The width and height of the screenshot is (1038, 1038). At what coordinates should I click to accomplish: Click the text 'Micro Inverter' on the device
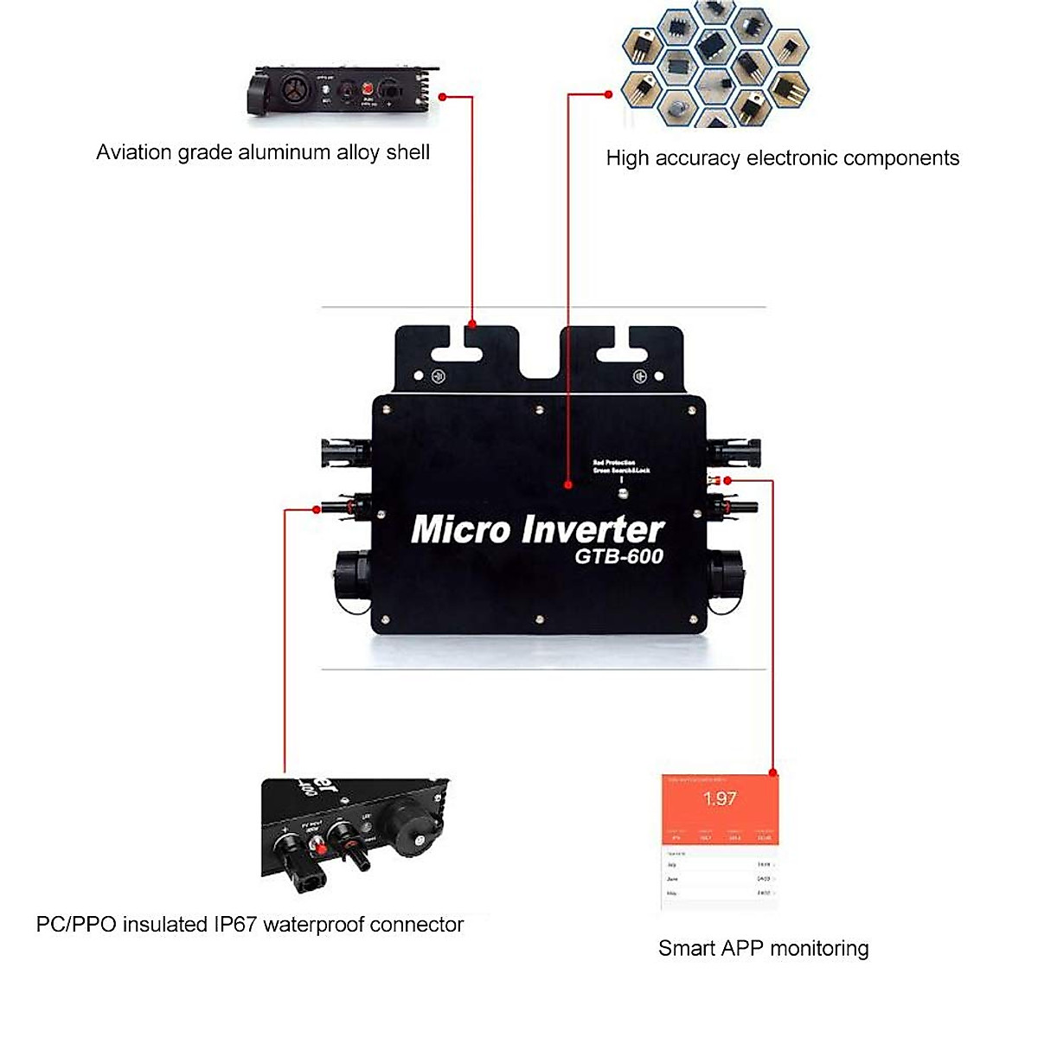point(537,529)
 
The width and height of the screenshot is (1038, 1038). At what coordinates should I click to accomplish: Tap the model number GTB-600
point(619,556)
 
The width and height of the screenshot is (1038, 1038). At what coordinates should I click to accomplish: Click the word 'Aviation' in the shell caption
point(134,152)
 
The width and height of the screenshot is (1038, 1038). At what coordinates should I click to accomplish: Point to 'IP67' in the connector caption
point(235,924)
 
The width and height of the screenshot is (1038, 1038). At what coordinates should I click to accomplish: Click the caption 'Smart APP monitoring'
point(763,948)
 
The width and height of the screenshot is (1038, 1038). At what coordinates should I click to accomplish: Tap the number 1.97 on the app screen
point(720,798)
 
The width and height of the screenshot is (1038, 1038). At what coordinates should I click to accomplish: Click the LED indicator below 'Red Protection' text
point(622,494)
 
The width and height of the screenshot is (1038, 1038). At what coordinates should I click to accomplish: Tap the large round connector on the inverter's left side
point(353,579)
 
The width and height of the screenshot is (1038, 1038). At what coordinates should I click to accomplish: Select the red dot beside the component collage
point(609,94)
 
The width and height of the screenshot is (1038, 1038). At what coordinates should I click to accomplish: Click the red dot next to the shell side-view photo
point(443,96)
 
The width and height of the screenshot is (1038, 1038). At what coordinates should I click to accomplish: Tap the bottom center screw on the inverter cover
point(539,619)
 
